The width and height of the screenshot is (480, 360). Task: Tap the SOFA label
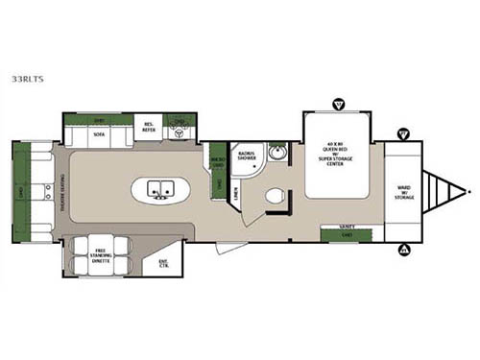[x=100, y=135]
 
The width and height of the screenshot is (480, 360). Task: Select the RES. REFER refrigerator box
[x=149, y=128]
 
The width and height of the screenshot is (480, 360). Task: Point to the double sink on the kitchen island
[x=160, y=189]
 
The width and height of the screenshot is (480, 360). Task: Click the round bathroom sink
[x=276, y=153]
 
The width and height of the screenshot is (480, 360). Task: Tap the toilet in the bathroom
[x=276, y=197]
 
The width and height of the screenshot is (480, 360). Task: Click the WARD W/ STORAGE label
[x=404, y=192]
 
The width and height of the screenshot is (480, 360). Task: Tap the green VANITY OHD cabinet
[x=347, y=230]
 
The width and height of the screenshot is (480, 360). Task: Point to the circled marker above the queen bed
[x=337, y=103]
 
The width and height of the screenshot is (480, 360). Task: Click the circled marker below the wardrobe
[x=404, y=251]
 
